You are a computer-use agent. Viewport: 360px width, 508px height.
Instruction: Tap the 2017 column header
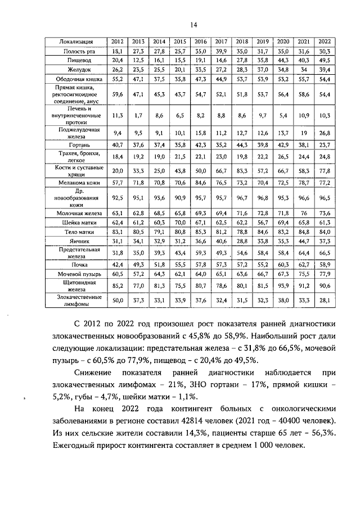221,42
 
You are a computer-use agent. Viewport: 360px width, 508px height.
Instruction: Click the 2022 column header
324,42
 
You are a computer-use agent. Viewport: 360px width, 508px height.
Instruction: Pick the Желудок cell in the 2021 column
304,70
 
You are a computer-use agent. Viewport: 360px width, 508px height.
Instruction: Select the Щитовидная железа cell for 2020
283,286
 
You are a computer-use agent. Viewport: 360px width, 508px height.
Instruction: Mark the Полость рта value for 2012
118,51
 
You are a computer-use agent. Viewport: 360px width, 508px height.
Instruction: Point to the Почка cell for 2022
324,264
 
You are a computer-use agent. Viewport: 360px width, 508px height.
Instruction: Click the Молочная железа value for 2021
304,214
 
